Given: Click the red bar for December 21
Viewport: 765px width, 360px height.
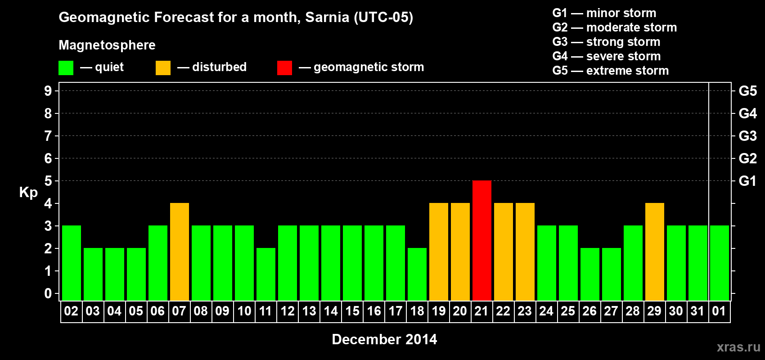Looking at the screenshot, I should coord(481,240).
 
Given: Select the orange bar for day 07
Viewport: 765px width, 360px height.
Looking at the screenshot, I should coord(179,252).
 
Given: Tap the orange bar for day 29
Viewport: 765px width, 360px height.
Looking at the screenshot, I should coord(654,252).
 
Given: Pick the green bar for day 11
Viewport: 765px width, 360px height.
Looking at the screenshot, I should coord(265,274).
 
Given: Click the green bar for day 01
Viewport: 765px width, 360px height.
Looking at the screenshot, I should coord(719,263).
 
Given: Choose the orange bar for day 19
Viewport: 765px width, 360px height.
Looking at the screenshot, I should coord(438,252).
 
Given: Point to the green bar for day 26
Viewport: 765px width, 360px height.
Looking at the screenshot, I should coord(589,274).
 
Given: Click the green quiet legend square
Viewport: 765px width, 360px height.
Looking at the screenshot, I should coord(66,68).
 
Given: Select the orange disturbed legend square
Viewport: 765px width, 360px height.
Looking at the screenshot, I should coord(163,68).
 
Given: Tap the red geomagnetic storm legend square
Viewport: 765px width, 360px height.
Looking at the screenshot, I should coord(284,68).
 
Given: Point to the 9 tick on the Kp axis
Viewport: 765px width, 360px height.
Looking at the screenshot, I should coord(48,91).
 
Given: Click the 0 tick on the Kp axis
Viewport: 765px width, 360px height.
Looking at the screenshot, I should coord(48,293).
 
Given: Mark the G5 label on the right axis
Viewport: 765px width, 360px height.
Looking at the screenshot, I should coord(747,91).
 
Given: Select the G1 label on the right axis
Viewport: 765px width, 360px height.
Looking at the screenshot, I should coord(747,181).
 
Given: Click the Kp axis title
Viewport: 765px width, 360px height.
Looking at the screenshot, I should coord(28,192).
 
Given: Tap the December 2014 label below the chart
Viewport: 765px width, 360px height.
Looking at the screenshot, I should coord(384,339).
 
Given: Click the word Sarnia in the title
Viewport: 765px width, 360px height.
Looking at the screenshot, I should coord(327,17).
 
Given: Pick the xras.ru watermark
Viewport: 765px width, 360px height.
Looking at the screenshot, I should coord(738,347).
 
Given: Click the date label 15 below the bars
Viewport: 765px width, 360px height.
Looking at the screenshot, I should coord(352,311).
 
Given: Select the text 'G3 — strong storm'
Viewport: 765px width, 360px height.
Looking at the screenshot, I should coord(606,42).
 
